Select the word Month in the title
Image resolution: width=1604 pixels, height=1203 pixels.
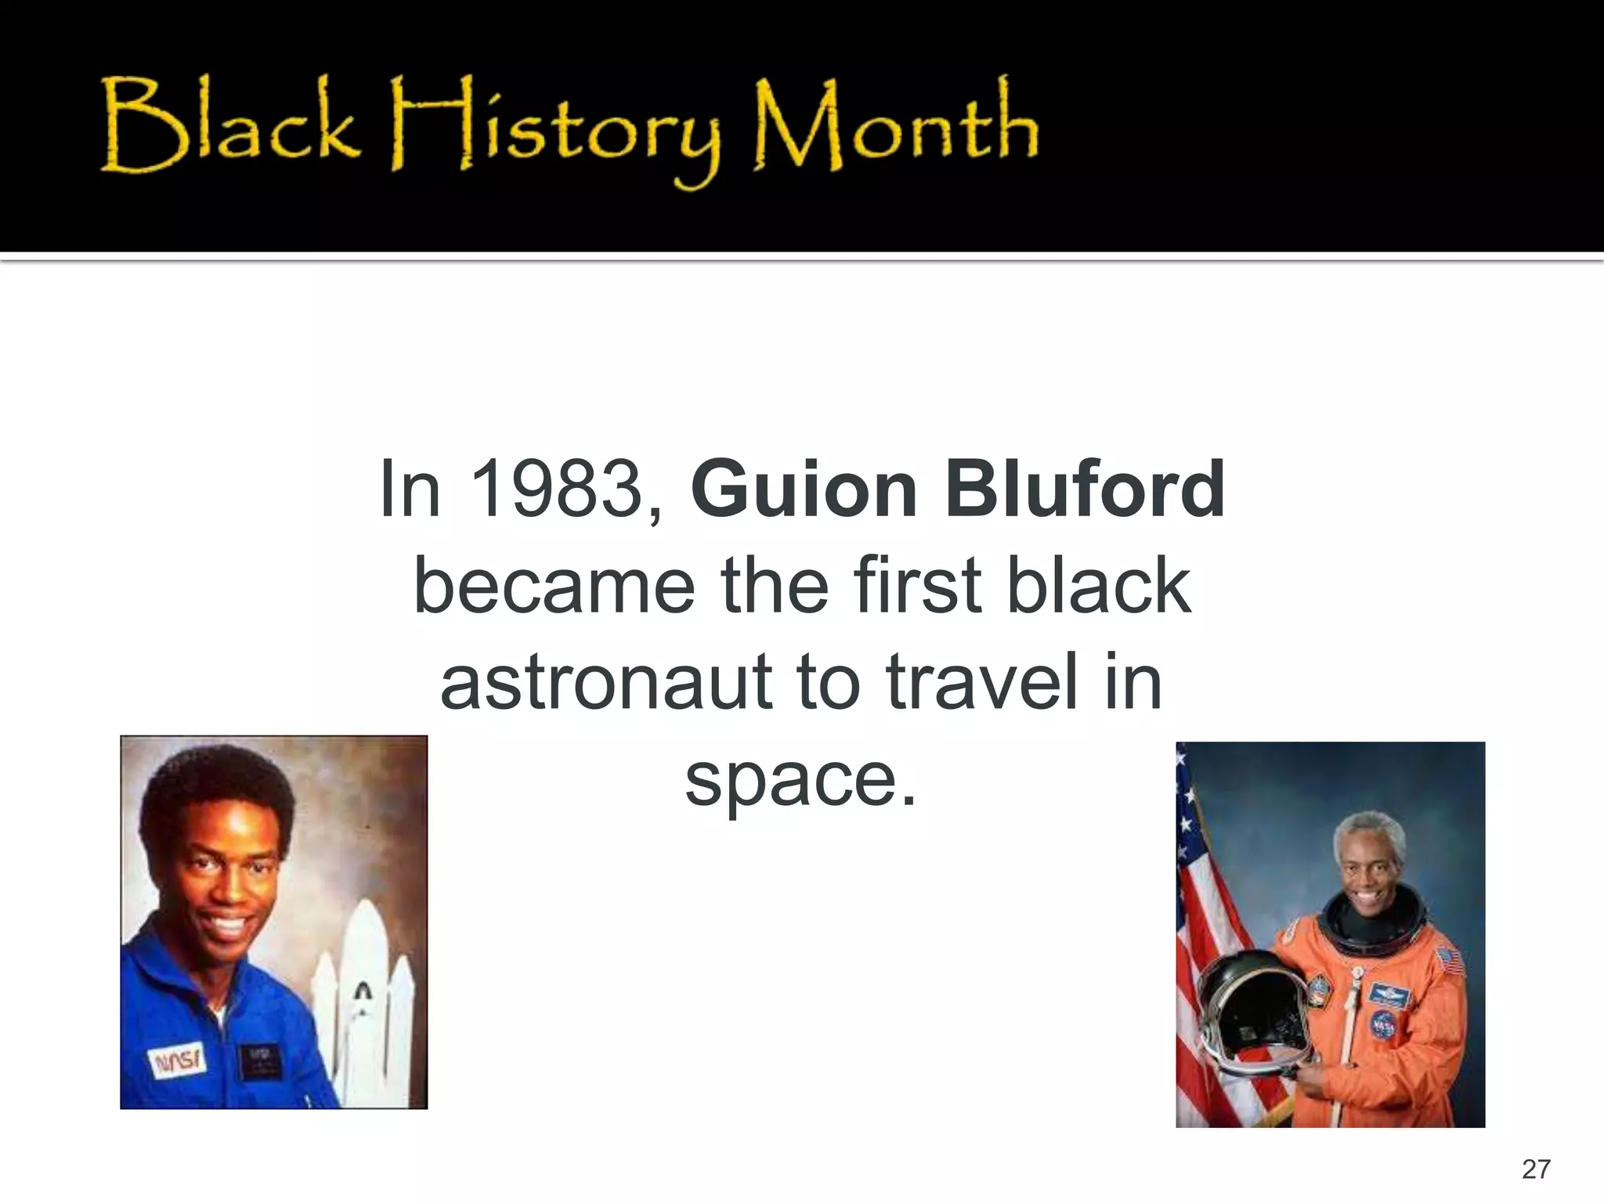point(894,125)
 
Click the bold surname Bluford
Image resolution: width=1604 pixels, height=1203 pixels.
point(1085,489)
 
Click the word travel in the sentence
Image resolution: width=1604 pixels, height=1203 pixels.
point(982,681)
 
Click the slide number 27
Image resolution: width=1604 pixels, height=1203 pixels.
point(1536,1169)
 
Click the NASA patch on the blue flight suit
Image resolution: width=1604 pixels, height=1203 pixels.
point(178,1061)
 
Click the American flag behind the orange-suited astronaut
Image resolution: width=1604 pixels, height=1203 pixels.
point(1210,940)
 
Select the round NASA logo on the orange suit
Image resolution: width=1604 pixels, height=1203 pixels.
point(1383,1024)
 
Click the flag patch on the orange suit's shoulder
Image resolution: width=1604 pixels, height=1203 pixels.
point(1450,960)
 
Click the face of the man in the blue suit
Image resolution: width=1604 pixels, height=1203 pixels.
point(223,881)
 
